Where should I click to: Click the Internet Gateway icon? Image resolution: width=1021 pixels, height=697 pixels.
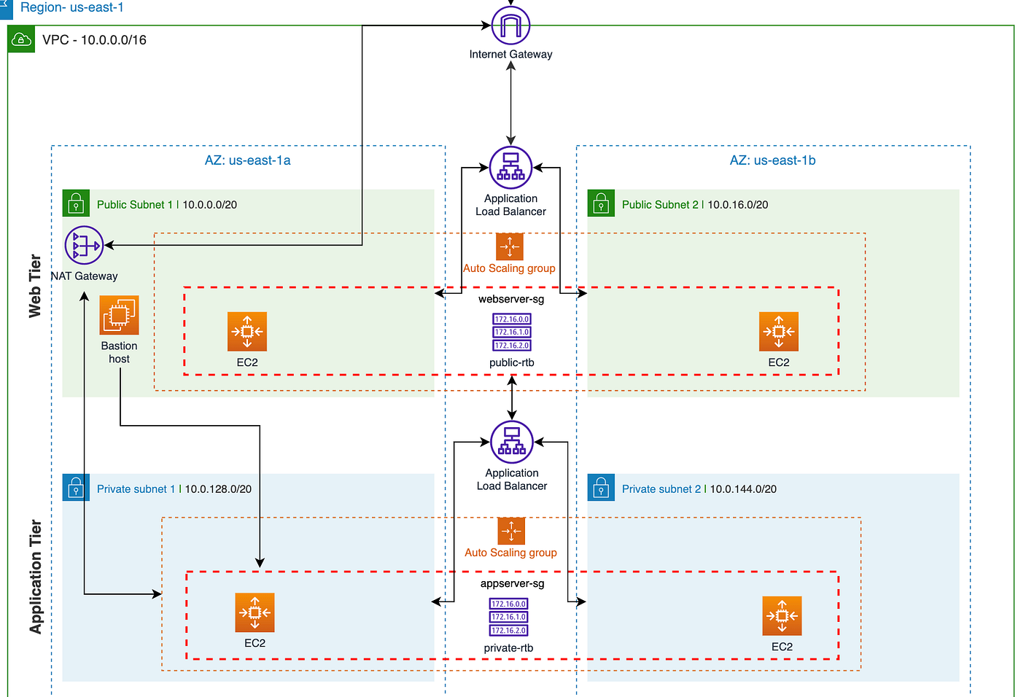pos(510,26)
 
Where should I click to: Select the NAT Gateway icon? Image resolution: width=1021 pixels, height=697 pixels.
pos(84,245)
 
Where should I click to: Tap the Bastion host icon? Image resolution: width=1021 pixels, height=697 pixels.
pos(119,316)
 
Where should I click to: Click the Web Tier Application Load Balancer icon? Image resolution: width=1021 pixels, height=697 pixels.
pos(510,168)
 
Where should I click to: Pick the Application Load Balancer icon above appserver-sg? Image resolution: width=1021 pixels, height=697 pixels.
pos(512,443)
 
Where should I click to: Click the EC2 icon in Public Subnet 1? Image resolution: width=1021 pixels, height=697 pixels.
pos(247,332)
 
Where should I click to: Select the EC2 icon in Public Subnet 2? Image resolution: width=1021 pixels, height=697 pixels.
pos(778,332)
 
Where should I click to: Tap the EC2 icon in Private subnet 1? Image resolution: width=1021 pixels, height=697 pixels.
pos(255,612)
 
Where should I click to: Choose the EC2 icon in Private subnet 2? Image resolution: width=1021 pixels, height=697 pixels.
pos(782,616)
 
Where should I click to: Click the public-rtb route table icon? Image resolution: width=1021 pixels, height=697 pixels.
pos(512,332)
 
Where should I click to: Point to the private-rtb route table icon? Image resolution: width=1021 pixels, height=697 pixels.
pos(508,617)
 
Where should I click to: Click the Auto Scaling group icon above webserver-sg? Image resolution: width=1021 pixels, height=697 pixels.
pos(509,246)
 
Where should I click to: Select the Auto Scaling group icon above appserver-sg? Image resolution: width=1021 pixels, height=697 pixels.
pos(511,531)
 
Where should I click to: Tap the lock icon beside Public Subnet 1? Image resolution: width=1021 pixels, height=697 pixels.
pos(76,203)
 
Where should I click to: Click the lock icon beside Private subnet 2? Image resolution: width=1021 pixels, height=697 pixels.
pos(601,488)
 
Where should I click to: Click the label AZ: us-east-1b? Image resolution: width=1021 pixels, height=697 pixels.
pos(772,160)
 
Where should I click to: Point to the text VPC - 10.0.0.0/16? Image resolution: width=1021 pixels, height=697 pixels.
pos(94,40)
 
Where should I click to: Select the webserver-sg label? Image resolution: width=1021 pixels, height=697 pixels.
pos(511,299)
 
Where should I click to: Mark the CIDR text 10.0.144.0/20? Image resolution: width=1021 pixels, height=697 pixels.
pos(743,489)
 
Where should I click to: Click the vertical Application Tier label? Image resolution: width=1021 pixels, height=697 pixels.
pos(35,576)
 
